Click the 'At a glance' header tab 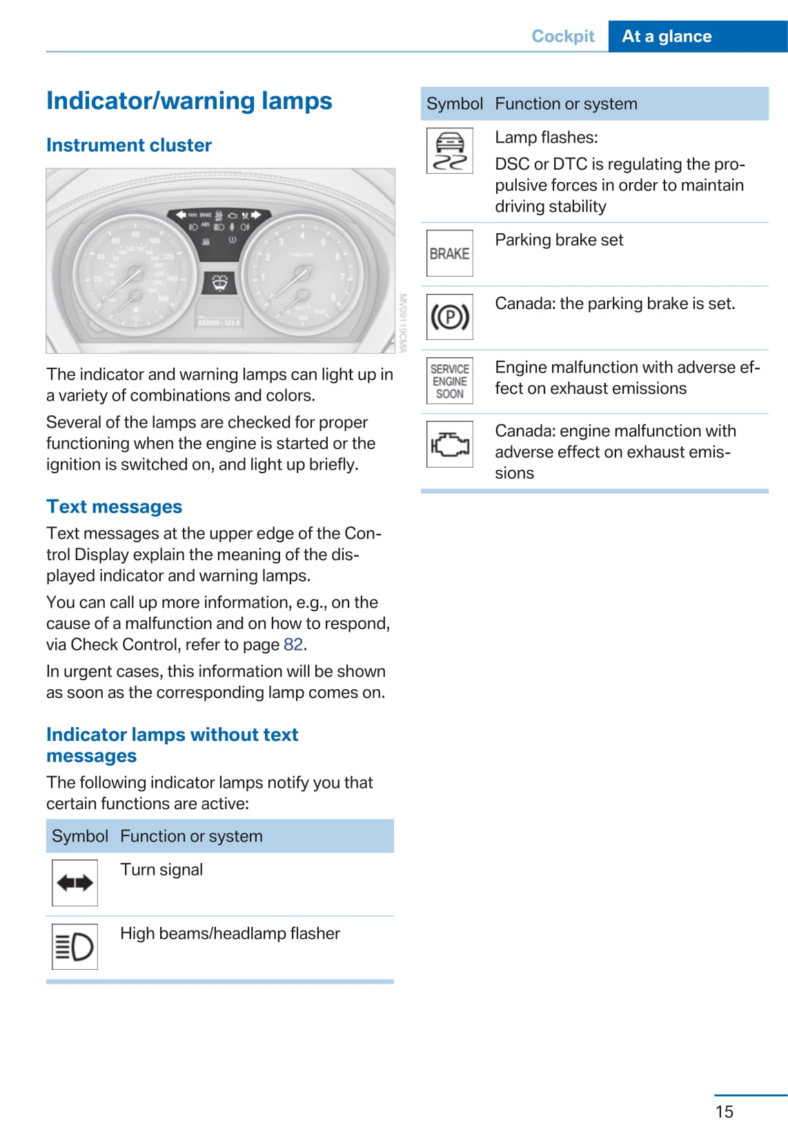tap(667, 37)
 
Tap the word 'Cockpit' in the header tap(562, 37)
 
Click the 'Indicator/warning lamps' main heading tap(189, 101)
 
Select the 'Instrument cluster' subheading tap(129, 146)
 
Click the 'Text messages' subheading tap(115, 507)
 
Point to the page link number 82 tap(293, 645)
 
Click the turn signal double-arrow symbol tap(75, 883)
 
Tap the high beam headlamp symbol tap(75, 946)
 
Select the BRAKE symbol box tap(450, 254)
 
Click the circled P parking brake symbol tap(450, 317)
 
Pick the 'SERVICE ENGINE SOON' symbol tap(450, 381)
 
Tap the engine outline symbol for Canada tap(450, 444)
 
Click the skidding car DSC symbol tap(450, 151)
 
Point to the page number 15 tap(725, 1112)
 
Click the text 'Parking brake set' tap(559, 240)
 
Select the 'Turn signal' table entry tap(161, 870)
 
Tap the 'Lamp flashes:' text tap(546, 138)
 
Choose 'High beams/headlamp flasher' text tap(230, 934)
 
